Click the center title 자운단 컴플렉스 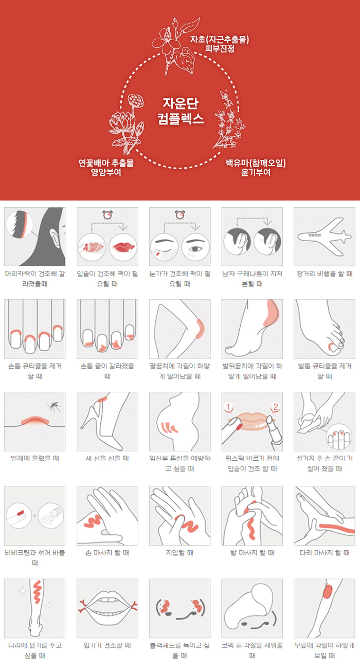[x=181, y=111]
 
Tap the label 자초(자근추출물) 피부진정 [x=220, y=44]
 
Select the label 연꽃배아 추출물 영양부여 [x=106, y=168]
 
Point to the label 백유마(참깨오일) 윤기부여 [x=256, y=168]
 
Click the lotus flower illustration [x=126, y=123]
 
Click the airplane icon [x=325, y=237]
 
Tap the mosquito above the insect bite [x=54, y=407]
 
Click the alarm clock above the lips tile [x=107, y=215]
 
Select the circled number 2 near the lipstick [x=275, y=407]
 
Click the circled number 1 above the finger [x=228, y=407]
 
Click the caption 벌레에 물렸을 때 [x=35, y=458]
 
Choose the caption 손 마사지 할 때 [x=107, y=553]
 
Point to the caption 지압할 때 [x=179, y=553]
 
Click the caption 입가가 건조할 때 [x=107, y=645]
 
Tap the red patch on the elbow [x=200, y=329]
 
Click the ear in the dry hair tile [x=55, y=237]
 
